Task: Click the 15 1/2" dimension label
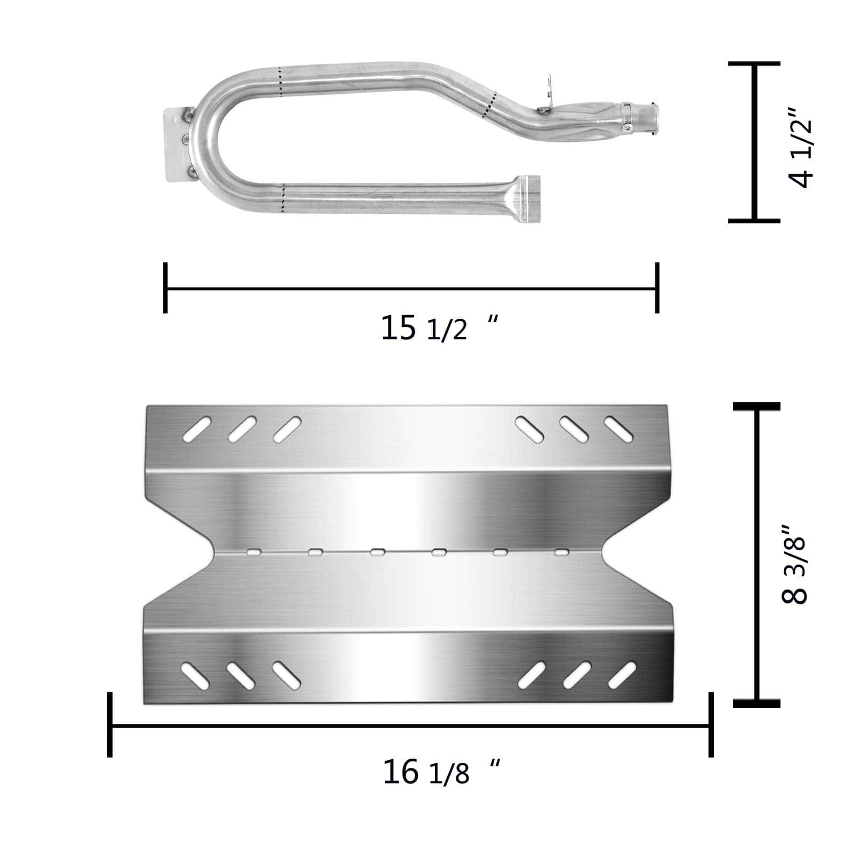pyautogui.click(x=439, y=327)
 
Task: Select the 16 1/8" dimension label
pyautogui.click(x=441, y=771)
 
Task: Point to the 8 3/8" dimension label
pyautogui.click(x=795, y=565)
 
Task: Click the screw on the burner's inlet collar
pyautogui.click(x=629, y=126)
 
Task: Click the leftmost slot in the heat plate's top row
pyautogui.click(x=196, y=430)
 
